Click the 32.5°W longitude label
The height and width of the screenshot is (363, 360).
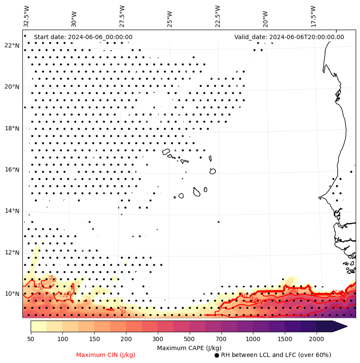click(27, 16)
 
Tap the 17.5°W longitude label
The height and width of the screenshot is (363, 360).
click(313, 16)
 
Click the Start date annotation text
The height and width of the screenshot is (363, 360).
click(83, 37)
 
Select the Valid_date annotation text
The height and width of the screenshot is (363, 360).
click(289, 37)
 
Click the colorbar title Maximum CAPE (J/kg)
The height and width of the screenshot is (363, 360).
click(189, 348)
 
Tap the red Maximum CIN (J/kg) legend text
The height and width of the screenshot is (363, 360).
click(106, 355)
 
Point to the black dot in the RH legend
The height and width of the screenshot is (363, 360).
click(217, 355)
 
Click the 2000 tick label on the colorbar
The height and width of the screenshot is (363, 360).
click(317, 339)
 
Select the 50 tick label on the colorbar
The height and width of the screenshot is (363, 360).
click(31, 339)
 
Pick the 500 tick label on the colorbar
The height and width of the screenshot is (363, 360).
click(189, 339)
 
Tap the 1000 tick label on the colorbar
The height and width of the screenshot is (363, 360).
click(253, 339)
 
